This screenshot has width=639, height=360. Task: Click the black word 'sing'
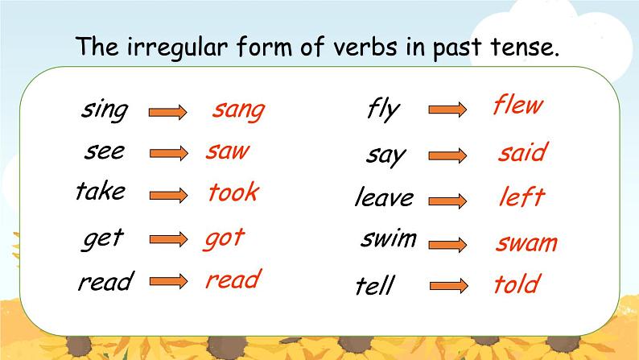[104, 110]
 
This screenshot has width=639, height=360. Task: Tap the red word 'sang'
[238, 110]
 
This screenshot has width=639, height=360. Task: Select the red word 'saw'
[228, 151]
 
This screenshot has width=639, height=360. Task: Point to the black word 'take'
[101, 192]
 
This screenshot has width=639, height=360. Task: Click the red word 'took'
[233, 192]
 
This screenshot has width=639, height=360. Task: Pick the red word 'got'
[224, 238]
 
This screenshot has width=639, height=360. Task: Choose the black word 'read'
[105, 282]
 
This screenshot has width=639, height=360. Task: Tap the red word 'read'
[233, 279]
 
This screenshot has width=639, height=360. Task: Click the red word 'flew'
[517, 105]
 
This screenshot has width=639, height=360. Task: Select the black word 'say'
[386, 155]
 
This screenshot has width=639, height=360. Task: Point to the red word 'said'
[522, 152]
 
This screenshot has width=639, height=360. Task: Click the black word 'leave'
[384, 197]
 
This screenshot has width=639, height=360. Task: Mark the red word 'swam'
[526, 243]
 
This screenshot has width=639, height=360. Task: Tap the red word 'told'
[516, 283]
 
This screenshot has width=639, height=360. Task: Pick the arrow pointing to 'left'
[447, 199]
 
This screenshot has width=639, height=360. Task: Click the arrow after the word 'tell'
[447, 285]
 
